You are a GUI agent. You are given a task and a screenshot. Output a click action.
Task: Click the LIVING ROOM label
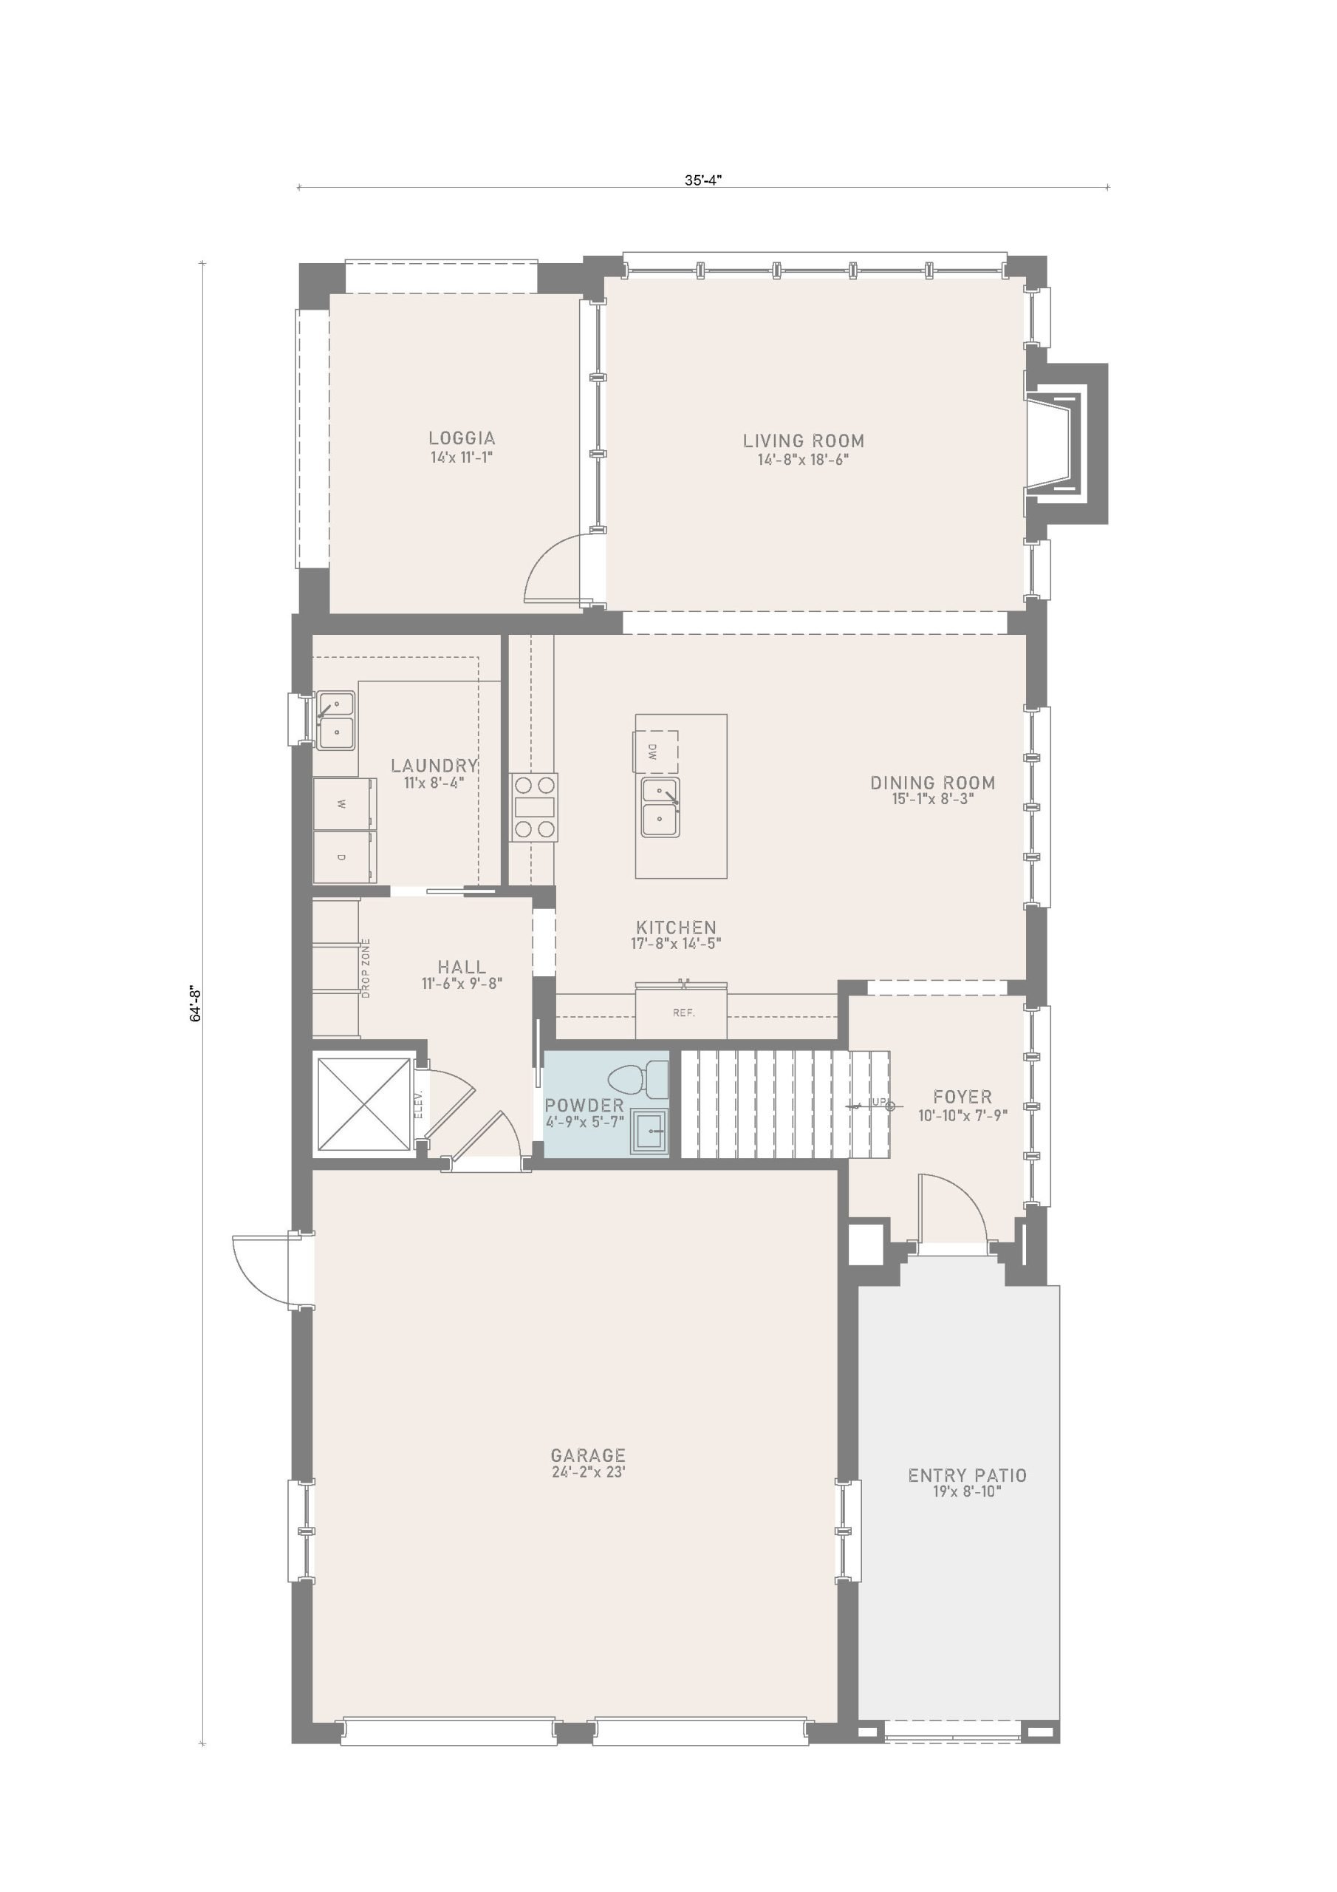(803, 441)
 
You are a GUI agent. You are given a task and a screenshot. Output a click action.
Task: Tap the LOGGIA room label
(462, 438)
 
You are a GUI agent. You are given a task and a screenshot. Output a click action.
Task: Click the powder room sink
(650, 1132)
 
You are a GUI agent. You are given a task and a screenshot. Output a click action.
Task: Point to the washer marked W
(343, 802)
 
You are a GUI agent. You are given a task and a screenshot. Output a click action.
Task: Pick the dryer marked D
(343, 856)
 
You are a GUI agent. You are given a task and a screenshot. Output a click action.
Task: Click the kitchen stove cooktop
(534, 807)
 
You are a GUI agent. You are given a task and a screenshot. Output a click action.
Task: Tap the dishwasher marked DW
(656, 751)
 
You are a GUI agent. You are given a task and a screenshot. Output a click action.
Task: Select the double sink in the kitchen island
(660, 807)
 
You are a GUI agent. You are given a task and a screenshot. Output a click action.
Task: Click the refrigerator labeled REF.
(681, 1011)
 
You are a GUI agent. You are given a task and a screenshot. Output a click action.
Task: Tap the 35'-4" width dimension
(702, 180)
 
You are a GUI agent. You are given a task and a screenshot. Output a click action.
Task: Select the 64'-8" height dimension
(196, 1004)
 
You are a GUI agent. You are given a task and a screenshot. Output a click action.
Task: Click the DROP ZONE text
(366, 967)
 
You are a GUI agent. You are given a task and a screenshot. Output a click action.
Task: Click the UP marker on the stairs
(878, 1102)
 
